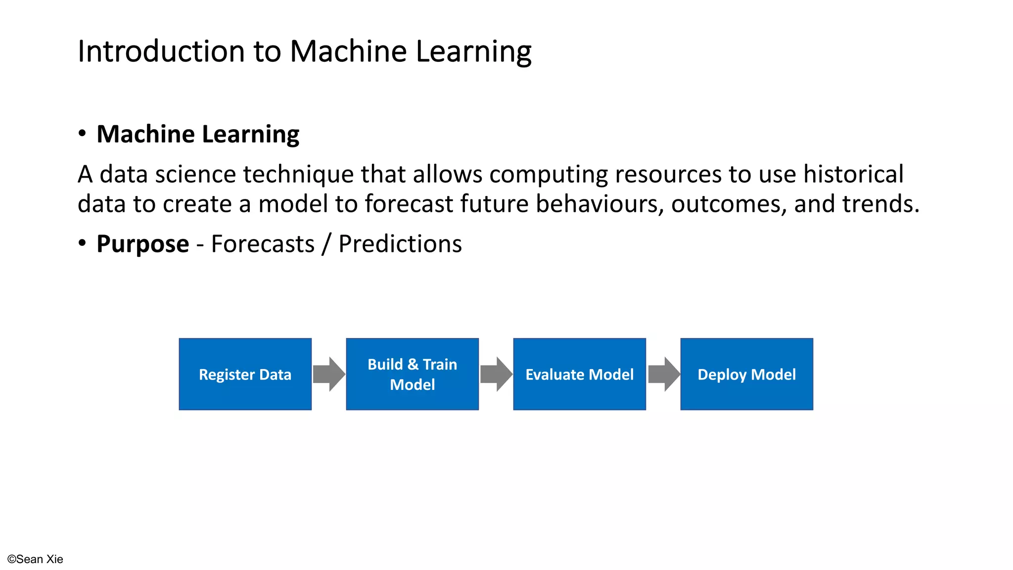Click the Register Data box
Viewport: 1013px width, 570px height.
[245, 374]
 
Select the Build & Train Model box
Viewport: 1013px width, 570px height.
[412, 374]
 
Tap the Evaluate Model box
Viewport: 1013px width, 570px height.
[579, 374]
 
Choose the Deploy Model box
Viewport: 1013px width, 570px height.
[746, 374]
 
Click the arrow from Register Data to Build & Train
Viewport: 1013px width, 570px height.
[328, 374]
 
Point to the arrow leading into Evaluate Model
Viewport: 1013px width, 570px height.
[496, 374]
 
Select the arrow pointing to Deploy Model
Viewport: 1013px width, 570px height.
[663, 374]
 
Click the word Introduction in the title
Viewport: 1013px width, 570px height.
[161, 51]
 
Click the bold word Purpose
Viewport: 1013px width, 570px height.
[142, 244]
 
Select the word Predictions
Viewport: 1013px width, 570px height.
[400, 244]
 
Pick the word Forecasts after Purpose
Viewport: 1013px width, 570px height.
[263, 244]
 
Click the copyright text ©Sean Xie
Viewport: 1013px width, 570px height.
[35, 559]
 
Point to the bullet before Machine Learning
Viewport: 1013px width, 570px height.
[82, 134]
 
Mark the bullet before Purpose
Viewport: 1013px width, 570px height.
[82, 243]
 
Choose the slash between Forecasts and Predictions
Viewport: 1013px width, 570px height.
[325, 244]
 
